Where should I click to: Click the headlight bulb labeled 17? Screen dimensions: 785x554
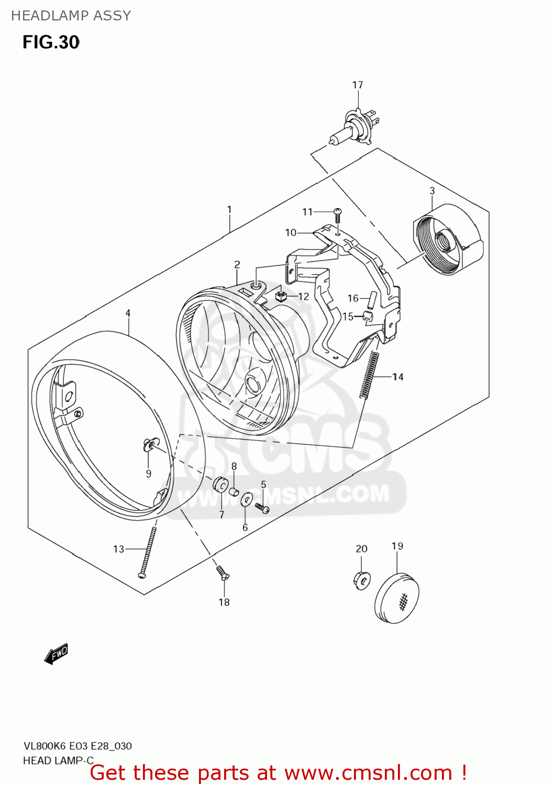[x=354, y=127]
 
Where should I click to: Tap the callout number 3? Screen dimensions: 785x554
[x=432, y=191]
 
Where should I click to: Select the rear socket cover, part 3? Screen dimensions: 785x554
[x=448, y=240]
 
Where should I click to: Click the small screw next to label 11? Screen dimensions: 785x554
[x=338, y=215]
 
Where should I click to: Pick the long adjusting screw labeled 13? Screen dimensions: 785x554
[x=147, y=552]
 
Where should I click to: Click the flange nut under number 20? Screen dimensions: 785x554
[x=361, y=579]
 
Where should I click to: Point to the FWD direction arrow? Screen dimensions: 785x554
[x=56, y=654]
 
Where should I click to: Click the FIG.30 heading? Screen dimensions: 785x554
[x=51, y=42]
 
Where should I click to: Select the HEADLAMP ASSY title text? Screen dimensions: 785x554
[x=71, y=16]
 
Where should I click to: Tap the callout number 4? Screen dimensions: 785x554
[x=128, y=313]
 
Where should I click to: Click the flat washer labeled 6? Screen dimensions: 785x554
[x=246, y=500]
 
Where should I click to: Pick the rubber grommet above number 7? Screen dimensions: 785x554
[x=220, y=485]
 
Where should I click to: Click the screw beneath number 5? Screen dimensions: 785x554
[x=262, y=507]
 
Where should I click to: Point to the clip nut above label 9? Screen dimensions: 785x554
[x=149, y=445]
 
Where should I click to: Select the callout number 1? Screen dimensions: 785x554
[x=229, y=209]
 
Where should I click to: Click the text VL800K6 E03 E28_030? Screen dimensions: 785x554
[x=77, y=746]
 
